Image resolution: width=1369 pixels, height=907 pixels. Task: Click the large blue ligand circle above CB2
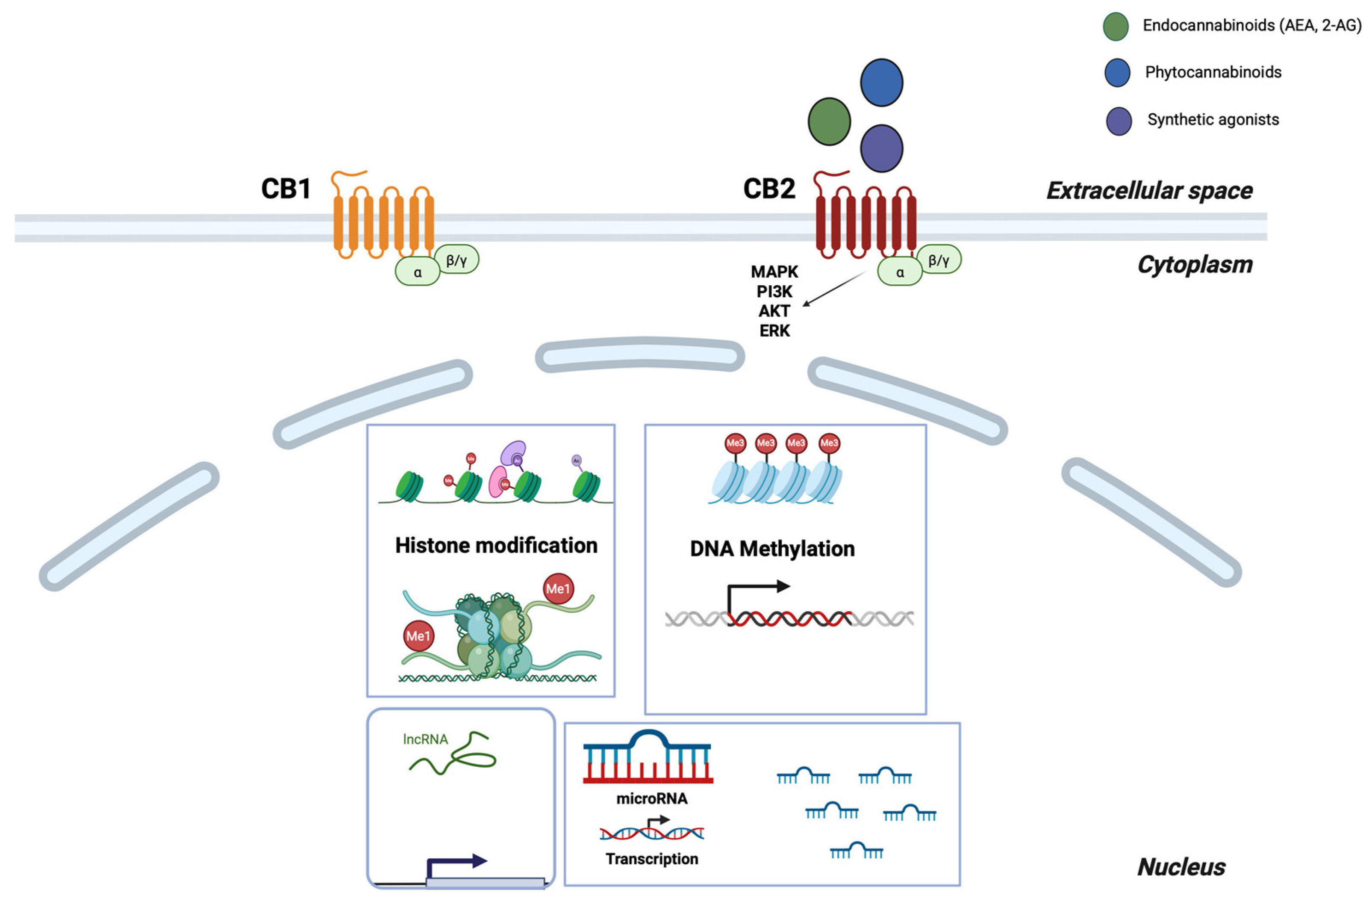click(881, 82)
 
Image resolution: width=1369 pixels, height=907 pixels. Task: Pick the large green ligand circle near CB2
click(829, 121)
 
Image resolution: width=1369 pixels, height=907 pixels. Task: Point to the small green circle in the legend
click(1115, 26)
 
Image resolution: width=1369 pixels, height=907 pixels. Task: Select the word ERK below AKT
click(774, 331)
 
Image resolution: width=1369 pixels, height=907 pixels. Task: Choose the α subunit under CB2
click(900, 272)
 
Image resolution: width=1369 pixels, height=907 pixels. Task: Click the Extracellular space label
click(1149, 190)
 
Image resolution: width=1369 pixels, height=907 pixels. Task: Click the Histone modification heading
click(495, 546)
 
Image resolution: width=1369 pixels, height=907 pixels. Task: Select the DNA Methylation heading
click(772, 548)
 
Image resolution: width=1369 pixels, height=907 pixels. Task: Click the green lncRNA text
click(425, 739)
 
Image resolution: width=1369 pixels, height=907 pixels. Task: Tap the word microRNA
click(651, 799)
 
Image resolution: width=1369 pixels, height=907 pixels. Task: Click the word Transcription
click(651, 859)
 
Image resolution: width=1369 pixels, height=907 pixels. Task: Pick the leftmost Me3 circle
click(735, 443)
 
